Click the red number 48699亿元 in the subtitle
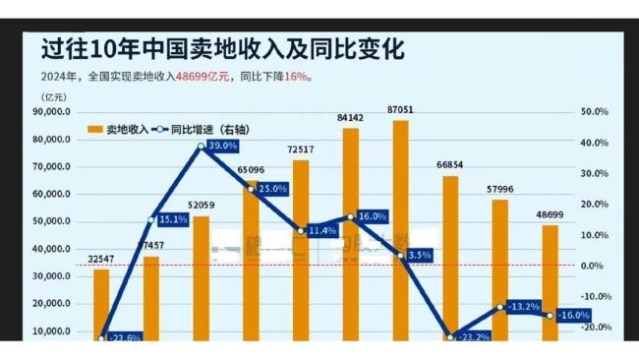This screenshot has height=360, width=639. click(203, 76)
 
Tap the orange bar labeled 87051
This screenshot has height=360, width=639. click(400, 226)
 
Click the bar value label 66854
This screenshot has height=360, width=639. click(450, 165)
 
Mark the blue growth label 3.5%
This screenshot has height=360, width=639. click(419, 255)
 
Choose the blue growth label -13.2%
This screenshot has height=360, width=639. click(523, 306)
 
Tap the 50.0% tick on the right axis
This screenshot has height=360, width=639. click(595, 112)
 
